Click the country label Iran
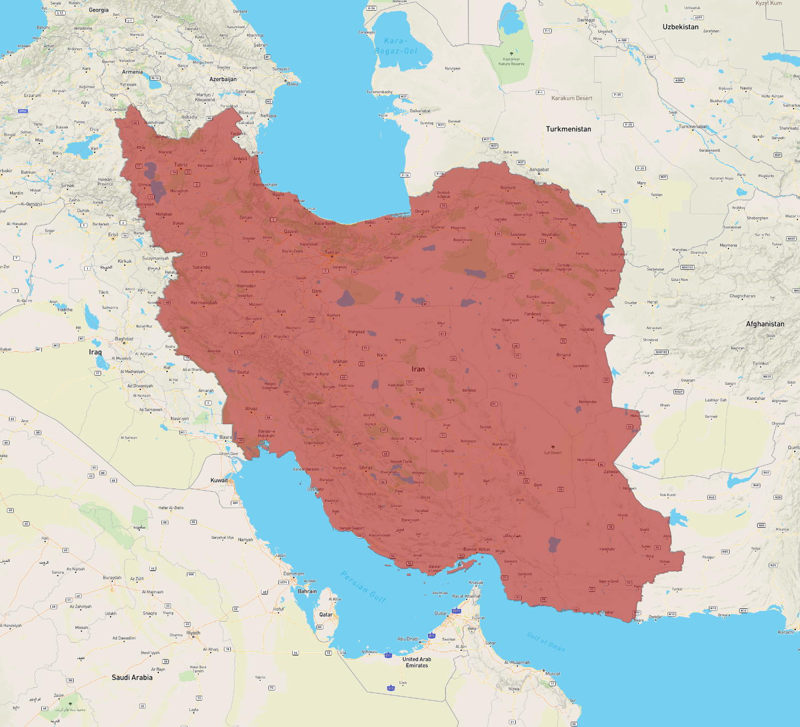click(x=418, y=369)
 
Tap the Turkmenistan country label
click(x=568, y=129)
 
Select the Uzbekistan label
click(x=680, y=27)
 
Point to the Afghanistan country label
click(x=765, y=324)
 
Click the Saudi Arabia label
click(x=132, y=677)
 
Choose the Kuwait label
click(x=219, y=480)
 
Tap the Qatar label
click(x=326, y=615)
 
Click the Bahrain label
click(x=307, y=591)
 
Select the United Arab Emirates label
click(x=417, y=662)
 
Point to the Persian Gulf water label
click(x=363, y=586)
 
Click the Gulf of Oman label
click(x=545, y=642)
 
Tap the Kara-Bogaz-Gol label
click(x=396, y=46)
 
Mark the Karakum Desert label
click(x=572, y=98)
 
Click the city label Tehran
click(x=332, y=252)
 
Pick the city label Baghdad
click(x=124, y=339)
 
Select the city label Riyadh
click(x=193, y=633)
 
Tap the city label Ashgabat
click(x=539, y=170)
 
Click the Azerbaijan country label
click(x=223, y=79)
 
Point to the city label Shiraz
click(x=366, y=467)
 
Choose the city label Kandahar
click(x=756, y=398)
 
